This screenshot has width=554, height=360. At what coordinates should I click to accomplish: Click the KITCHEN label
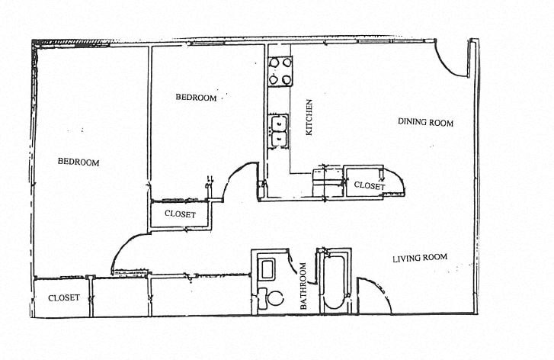coord(309,118)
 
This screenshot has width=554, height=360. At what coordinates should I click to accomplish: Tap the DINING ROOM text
coord(425,123)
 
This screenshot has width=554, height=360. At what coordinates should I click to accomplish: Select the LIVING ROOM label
coord(419,258)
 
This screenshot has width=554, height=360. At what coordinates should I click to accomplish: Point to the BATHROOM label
coord(303,285)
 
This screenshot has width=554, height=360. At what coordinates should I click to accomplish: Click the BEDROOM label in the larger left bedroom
coord(79,162)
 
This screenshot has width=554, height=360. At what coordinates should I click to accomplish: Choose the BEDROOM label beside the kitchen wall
coord(196,98)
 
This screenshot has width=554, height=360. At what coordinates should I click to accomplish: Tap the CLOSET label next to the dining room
coord(369,185)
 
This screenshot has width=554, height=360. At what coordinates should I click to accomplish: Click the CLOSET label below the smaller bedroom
coord(180,215)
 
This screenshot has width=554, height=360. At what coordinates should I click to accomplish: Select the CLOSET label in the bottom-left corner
coord(63,298)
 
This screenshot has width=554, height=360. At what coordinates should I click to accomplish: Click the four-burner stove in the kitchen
coord(278,71)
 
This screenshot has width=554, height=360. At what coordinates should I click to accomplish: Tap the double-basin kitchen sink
coord(278,130)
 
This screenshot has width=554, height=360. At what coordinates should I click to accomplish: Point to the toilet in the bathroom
coord(269,297)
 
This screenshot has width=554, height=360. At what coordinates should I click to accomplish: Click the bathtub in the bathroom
coord(333,282)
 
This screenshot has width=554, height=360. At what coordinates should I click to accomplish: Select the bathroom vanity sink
coord(267,269)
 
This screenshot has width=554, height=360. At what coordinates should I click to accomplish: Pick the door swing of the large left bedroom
coord(126,252)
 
